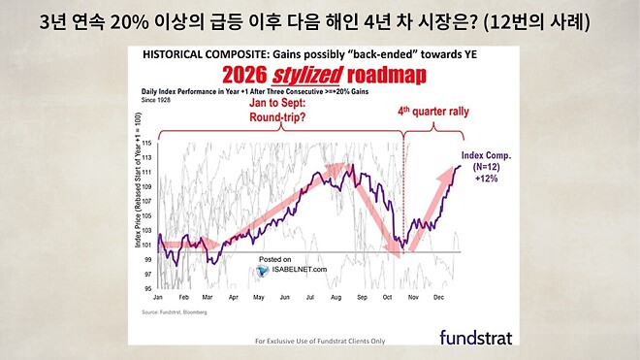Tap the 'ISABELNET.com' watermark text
click(x=300, y=271)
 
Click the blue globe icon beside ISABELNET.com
click(x=263, y=271)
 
